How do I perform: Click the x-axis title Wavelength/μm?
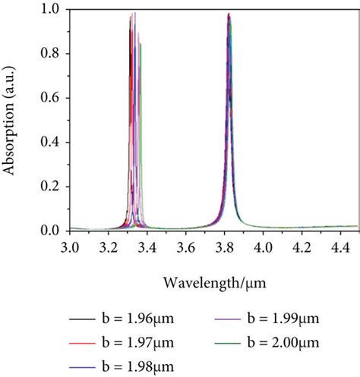213,281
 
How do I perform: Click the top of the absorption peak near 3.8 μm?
229,14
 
